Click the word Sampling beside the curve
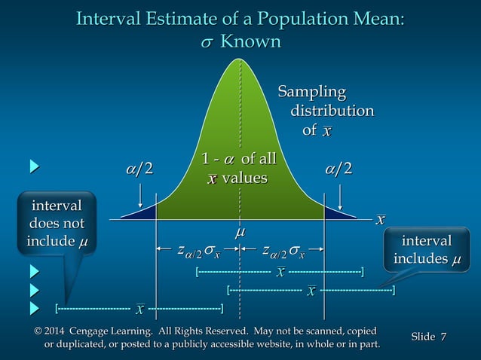[312, 93]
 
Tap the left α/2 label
[139, 168]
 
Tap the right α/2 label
[339, 168]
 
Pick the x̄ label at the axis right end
[381, 219]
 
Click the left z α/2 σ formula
[198, 251]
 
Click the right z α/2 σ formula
[283, 251]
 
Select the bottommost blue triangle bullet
[34, 307]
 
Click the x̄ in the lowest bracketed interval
[139, 308]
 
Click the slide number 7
[444, 335]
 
